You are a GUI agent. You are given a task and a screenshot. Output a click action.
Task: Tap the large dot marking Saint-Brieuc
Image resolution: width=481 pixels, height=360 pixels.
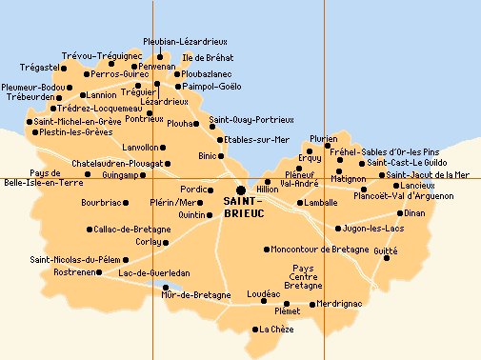click(x=240, y=190)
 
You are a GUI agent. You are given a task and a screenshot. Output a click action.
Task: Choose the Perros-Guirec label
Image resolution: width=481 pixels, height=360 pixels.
click(x=118, y=73)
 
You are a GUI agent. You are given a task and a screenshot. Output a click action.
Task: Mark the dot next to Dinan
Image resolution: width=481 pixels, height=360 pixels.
click(x=401, y=213)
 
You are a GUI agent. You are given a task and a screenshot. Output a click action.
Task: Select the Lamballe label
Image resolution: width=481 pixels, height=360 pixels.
click(x=318, y=203)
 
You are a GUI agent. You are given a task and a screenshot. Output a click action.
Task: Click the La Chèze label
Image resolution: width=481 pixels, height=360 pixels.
click(x=275, y=330)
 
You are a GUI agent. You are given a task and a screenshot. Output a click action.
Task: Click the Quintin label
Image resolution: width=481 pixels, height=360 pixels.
click(x=192, y=214)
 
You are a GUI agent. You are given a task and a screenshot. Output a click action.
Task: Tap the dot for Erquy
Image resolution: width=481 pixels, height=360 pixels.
click(x=310, y=150)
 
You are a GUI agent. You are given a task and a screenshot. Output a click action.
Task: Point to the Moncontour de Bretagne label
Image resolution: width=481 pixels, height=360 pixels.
click(x=321, y=249)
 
